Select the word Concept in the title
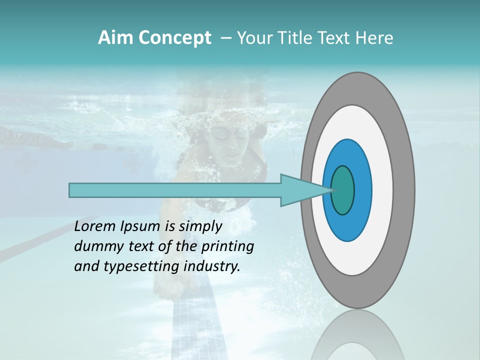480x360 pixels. click(175, 38)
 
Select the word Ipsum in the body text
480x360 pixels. click(138, 226)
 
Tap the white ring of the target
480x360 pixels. click(382, 190)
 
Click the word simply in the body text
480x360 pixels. click(200, 227)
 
